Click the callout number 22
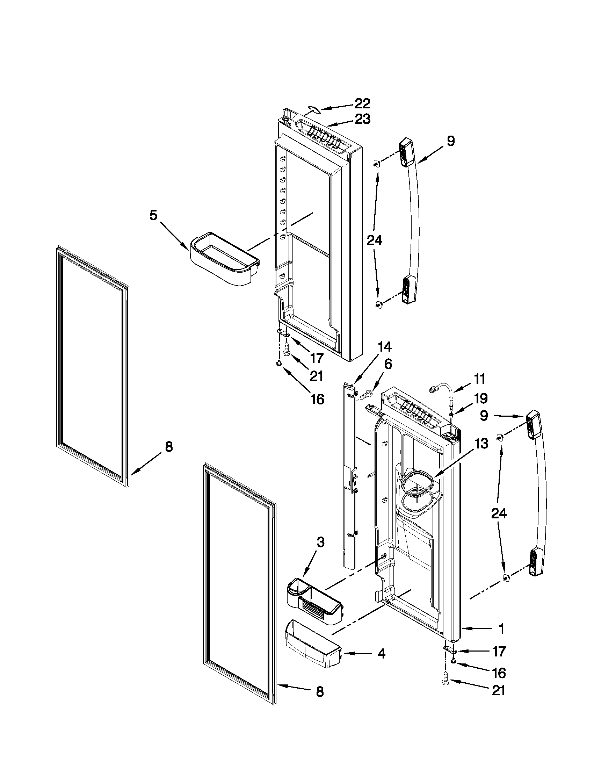point(362,103)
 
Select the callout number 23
point(362,119)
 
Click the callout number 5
point(153,215)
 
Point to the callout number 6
point(387,365)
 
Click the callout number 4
point(381,654)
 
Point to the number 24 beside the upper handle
point(375,240)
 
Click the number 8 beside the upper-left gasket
point(169,447)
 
